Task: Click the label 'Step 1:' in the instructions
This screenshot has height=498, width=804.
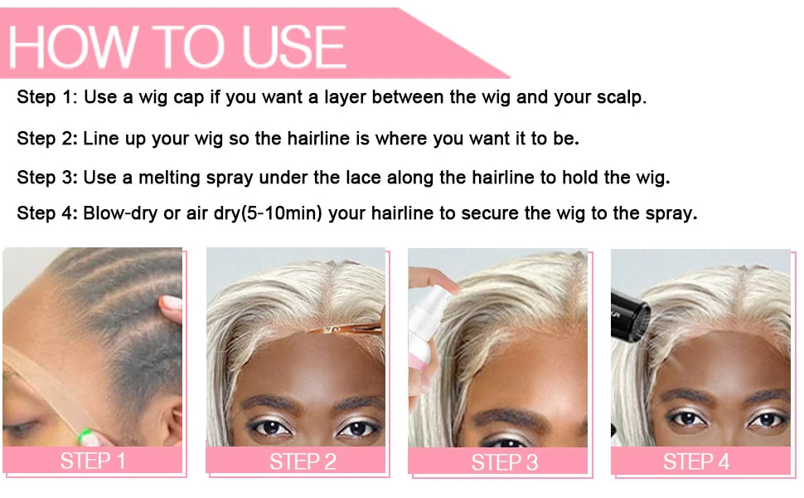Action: point(47,97)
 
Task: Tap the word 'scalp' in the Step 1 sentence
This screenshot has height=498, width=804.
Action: point(620,97)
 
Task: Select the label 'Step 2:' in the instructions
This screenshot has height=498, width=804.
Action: point(47,138)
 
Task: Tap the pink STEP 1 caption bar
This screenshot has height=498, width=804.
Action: point(92,461)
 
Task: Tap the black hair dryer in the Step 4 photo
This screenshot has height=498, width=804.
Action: point(630,315)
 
